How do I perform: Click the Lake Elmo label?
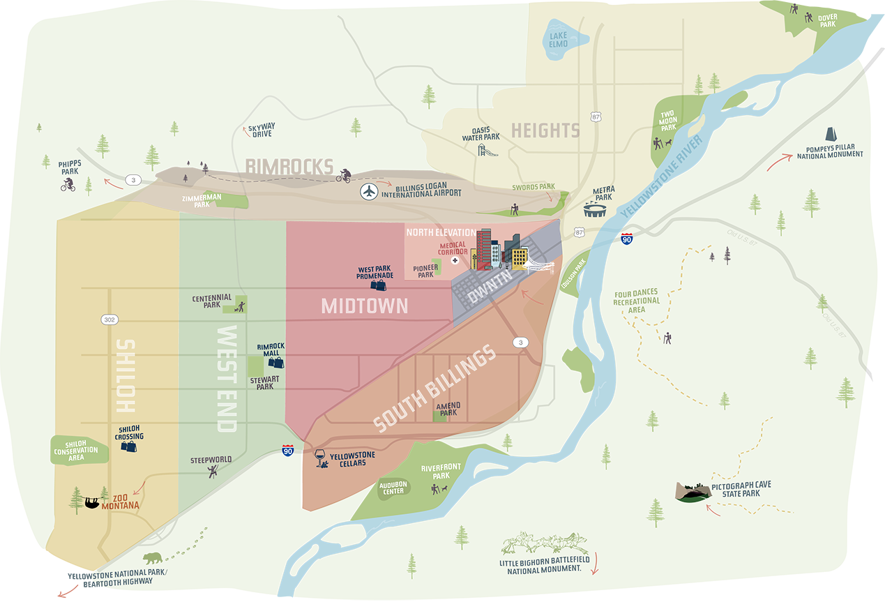(x=558, y=40)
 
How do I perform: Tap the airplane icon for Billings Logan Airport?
(x=370, y=191)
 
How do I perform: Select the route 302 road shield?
(x=109, y=319)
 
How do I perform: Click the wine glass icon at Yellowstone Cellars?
(x=321, y=458)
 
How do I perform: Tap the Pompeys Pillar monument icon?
(x=831, y=135)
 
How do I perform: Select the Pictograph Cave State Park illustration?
(x=693, y=492)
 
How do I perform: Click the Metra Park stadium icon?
(x=595, y=211)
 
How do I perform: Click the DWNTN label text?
(x=490, y=287)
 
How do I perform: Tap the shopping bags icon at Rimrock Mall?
(x=276, y=361)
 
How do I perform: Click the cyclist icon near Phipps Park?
(x=68, y=185)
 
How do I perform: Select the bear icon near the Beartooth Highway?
(x=152, y=558)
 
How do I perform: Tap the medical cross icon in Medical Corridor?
(x=455, y=261)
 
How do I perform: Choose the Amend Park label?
(x=448, y=409)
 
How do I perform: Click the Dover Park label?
(x=827, y=20)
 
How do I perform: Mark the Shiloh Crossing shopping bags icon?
(x=128, y=446)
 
